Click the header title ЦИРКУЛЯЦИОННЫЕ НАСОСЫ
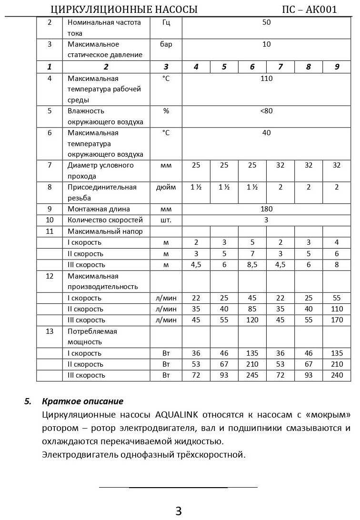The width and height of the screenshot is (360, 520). (124, 10)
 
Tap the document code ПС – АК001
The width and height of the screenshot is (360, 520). (310, 10)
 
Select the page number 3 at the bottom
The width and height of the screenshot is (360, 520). (179, 511)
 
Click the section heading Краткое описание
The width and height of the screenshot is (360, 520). (82, 401)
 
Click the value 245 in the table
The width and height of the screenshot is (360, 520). (252, 375)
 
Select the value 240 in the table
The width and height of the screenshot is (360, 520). (336, 375)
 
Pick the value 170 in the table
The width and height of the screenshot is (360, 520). (336, 320)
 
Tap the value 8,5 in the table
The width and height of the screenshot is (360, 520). (252, 265)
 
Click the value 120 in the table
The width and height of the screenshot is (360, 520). (252, 320)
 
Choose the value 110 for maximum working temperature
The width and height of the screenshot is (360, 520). (266, 78)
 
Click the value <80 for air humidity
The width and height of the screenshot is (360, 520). (266, 111)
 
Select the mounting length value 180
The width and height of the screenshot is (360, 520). (266, 209)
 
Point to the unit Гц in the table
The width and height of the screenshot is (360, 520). (166, 22)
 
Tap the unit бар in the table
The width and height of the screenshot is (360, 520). (166, 44)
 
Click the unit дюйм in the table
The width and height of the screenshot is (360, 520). (166, 187)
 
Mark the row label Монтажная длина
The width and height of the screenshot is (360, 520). (99, 209)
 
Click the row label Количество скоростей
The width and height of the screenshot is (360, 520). (105, 220)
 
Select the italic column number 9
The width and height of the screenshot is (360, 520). (336, 67)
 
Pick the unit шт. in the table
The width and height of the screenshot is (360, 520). (166, 220)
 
